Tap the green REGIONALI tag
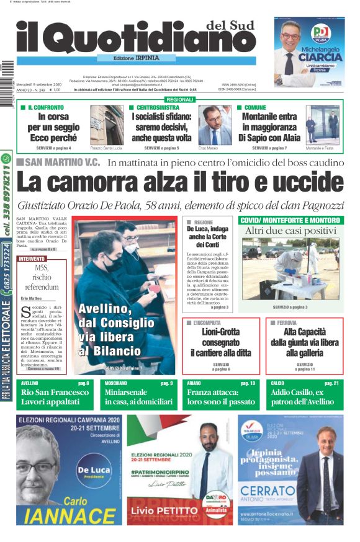[x=180, y=100]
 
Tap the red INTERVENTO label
[x=32, y=259]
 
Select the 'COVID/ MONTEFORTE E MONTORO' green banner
[x=290, y=220]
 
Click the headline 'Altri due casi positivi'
[x=290, y=231]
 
